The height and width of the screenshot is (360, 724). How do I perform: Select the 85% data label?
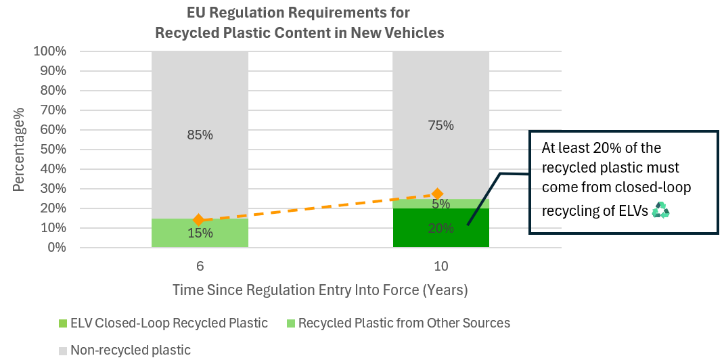[x=200, y=135]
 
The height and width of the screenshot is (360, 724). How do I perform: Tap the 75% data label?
[x=440, y=125]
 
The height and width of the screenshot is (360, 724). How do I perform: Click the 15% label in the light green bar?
[x=200, y=233]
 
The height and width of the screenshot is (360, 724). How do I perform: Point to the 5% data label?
[x=440, y=203]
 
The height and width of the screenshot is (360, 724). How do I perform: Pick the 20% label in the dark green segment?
[x=440, y=229]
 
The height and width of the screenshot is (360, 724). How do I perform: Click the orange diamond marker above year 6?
[x=198, y=219]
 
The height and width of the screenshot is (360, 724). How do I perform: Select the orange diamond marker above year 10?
[x=438, y=194]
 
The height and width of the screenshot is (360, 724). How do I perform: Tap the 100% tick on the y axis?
[x=50, y=51]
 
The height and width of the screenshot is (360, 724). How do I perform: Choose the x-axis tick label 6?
[x=200, y=267]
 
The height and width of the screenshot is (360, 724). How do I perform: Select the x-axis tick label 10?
[x=440, y=267]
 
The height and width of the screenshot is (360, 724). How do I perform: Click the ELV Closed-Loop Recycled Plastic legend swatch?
[x=62, y=323]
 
